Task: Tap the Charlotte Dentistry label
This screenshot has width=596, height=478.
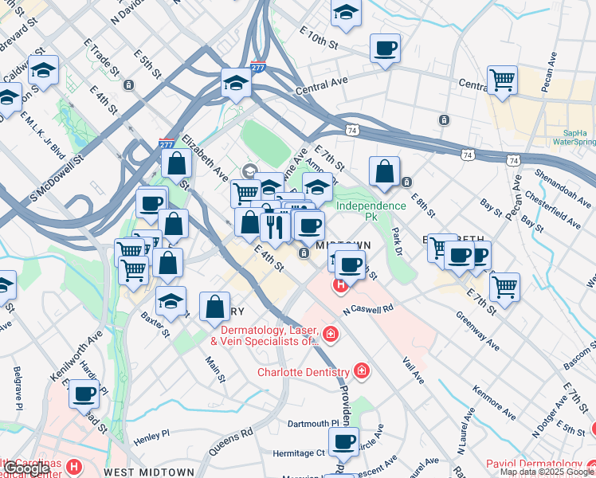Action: pos(303,372)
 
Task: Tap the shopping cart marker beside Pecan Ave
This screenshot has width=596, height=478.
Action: pos(502,80)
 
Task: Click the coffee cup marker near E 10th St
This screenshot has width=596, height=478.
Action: pos(386,49)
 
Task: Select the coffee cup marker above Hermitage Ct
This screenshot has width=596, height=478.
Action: pos(344,441)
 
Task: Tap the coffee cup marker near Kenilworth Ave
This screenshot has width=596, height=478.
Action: pos(84,393)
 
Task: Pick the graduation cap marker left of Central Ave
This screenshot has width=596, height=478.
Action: pos(236,83)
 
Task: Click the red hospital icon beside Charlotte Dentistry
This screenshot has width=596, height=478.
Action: pos(362,371)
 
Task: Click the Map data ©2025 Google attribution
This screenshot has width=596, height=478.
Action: pos(547,472)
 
